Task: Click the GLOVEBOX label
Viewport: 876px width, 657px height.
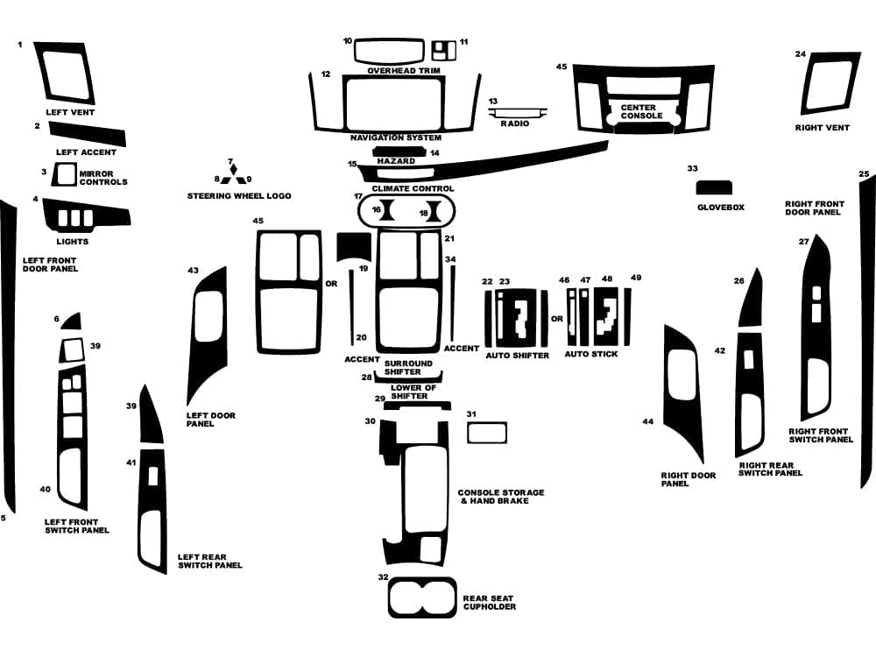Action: (x=720, y=208)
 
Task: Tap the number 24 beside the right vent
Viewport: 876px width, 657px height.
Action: (x=800, y=54)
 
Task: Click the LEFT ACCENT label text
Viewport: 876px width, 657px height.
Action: (x=86, y=152)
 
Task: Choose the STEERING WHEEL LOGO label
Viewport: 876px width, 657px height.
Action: (x=238, y=195)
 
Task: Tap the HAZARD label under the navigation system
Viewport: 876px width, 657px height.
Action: (x=395, y=161)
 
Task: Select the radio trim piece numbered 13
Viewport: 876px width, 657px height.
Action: (x=519, y=112)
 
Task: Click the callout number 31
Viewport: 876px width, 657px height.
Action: (x=470, y=413)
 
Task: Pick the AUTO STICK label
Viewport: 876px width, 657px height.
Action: (x=590, y=354)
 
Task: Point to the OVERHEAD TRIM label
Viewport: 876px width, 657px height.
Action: (x=403, y=70)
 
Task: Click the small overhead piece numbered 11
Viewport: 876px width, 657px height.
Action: (x=444, y=49)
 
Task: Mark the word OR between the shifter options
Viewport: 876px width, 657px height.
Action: (x=557, y=318)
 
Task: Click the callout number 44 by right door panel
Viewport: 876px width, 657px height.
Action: (x=647, y=421)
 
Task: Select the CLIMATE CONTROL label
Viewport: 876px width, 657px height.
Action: (x=413, y=188)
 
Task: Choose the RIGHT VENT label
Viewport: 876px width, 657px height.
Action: (x=822, y=128)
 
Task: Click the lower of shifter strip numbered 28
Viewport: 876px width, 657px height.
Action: (x=409, y=378)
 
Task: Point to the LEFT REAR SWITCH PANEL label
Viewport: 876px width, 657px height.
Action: (x=209, y=561)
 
